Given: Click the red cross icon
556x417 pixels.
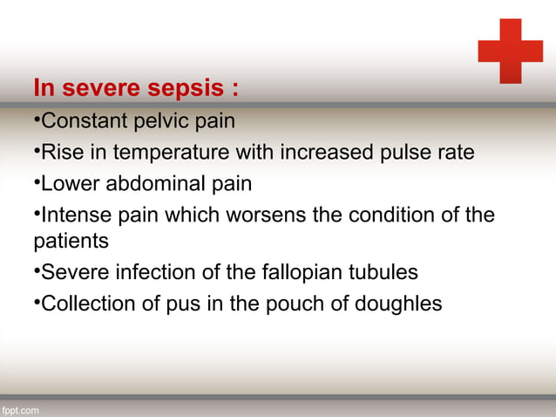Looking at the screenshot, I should [510, 51].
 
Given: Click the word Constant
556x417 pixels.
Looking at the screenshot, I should [84, 120].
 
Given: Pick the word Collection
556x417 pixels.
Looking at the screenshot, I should [86, 304].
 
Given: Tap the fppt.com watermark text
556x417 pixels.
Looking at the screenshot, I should [20, 410].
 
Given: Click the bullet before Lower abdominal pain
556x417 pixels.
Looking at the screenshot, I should [37, 183].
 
